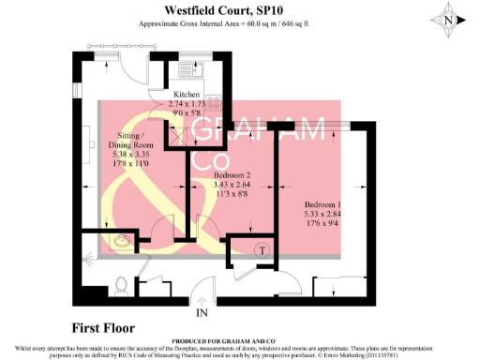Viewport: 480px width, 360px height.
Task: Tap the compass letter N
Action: (450, 19)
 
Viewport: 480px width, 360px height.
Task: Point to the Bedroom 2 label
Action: (232, 175)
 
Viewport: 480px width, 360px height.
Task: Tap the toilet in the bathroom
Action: (120, 281)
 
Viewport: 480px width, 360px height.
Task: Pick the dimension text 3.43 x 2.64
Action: (232, 187)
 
